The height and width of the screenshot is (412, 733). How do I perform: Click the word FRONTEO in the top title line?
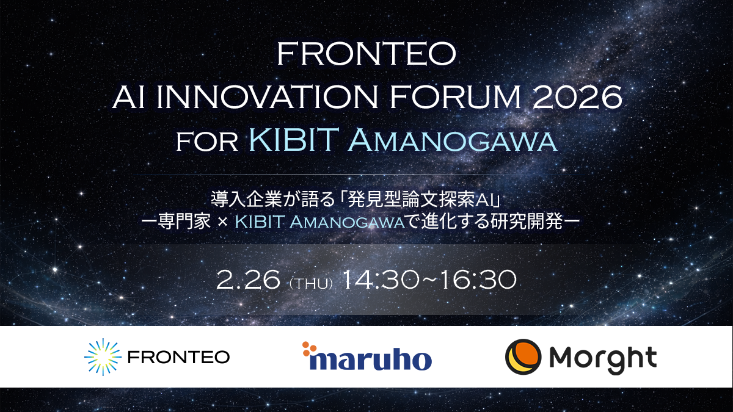[x=366, y=56]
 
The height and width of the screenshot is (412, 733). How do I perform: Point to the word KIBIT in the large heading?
[x=294, y=141]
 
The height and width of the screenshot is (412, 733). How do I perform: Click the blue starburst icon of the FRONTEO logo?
[x=100, y=356]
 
